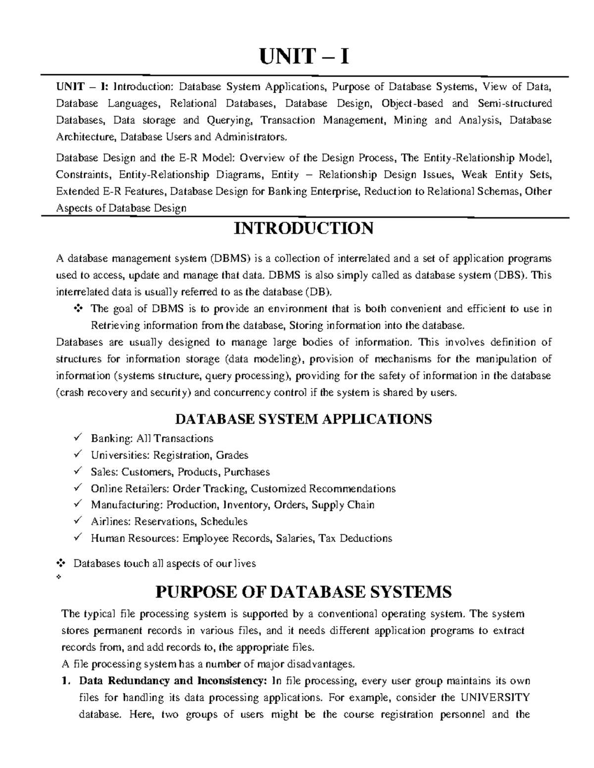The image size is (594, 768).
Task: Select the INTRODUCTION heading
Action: point(303,228)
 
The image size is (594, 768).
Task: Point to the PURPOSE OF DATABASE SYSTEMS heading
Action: point(303,591)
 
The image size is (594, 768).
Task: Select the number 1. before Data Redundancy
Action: point(65,681)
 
